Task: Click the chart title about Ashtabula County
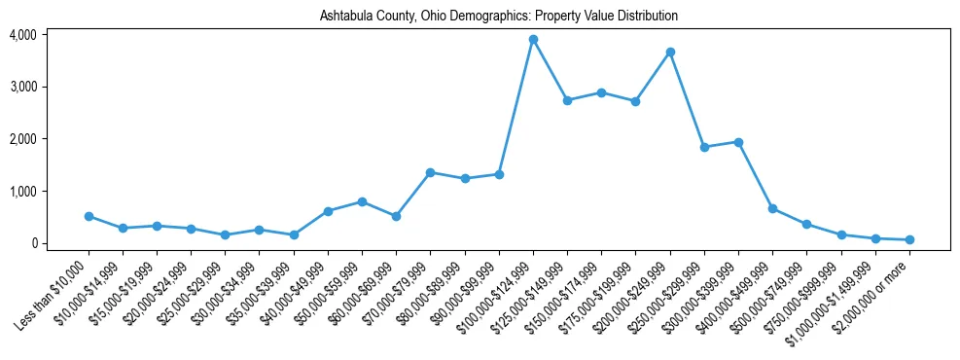[498, 17]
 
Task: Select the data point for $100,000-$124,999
[533, 40]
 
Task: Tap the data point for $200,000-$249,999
[670, 52]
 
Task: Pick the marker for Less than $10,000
[89, 216]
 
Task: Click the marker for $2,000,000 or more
[909, 239]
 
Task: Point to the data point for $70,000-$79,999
[431, 172]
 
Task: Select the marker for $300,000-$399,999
[738, 142]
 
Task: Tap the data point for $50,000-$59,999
[362, 201]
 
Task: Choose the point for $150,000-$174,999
[601, 92]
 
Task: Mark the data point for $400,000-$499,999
[772, 208]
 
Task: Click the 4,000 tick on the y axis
[22, 35]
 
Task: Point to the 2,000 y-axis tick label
[22, 139]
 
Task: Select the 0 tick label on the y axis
[33, 243]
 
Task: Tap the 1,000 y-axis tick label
[22, 192]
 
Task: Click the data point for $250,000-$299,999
[704, 147]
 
